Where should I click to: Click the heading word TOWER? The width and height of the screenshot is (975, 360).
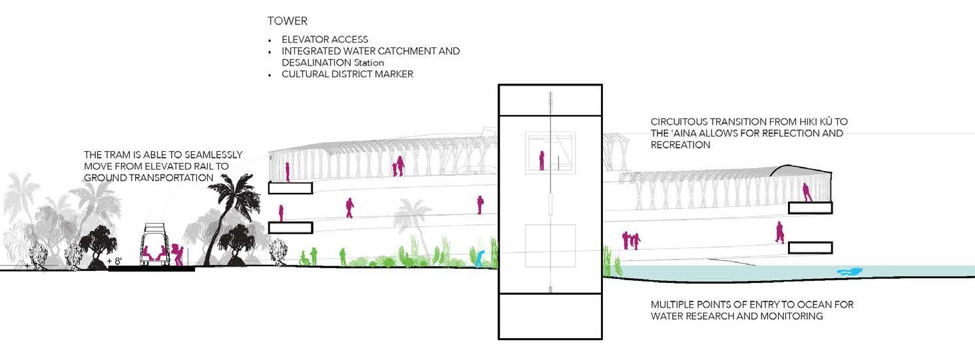[288, 21]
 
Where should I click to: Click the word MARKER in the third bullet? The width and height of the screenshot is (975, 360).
[393, 74]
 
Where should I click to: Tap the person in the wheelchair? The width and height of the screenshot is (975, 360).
[304, 258]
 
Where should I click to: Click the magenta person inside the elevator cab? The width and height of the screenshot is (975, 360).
[542, 160]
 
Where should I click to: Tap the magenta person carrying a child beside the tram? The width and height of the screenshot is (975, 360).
[178, 254]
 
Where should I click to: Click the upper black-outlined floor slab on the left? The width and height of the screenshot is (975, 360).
[290, 188]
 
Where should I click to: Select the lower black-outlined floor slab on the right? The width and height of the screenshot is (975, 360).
[810, 248]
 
